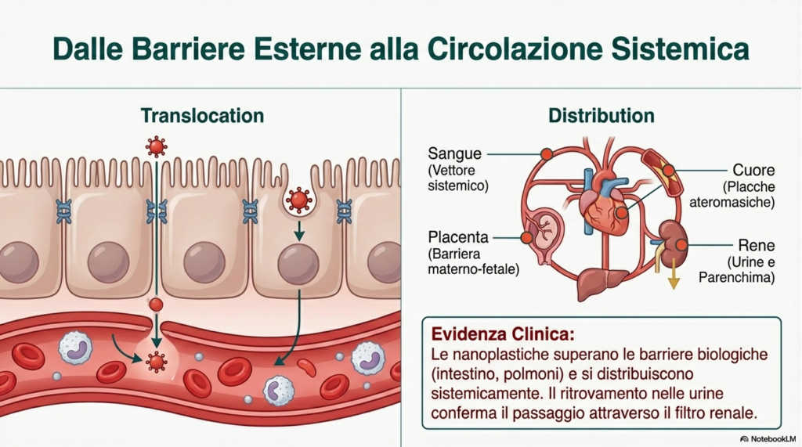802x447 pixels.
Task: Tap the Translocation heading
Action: coord(202,116)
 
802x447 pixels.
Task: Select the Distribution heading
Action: coord(601,116)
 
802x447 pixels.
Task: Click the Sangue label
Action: coord(454,153)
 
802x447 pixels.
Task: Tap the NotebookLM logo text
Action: coord(768,438)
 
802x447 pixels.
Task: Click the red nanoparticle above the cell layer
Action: coord(157,146)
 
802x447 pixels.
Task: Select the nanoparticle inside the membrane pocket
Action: coord(298,200)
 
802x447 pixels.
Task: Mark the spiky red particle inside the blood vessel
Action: coord(157,361)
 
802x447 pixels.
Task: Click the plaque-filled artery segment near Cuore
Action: coord(659,168)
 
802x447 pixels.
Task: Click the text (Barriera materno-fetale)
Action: coord(473,261)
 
